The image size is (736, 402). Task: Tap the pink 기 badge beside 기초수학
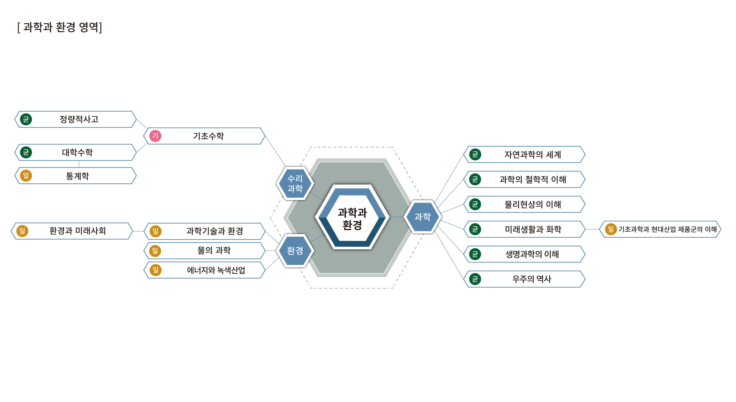tap(155, 136)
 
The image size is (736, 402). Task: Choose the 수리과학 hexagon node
tap(295, 183)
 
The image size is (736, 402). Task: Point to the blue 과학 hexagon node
tap(422, 217)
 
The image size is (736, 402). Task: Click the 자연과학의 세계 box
tap(524, 154)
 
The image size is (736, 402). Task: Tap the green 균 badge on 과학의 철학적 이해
tap(475, 179)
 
